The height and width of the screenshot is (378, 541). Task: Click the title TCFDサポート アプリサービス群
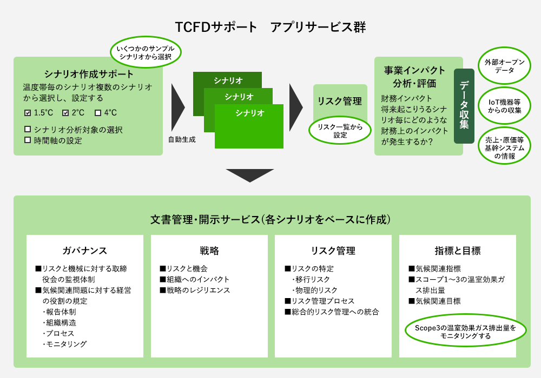(270, 27)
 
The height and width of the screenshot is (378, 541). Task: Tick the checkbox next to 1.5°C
(28, 113)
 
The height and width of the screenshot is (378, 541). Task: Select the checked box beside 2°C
(65, 113)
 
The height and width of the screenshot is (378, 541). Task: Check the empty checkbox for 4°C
(97, 113)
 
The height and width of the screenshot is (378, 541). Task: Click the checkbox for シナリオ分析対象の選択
(28, 129)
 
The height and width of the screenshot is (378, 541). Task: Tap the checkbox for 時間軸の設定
(28, 140)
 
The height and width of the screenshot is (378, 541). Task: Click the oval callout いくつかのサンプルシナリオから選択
(146, 52)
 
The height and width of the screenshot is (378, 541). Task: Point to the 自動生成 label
(182, 139)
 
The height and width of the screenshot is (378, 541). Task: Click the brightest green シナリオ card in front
(249, 126)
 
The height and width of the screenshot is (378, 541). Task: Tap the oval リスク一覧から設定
(340, 131)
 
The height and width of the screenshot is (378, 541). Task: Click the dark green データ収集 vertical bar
(464, 106)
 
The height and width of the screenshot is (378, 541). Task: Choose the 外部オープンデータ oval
(504, 66)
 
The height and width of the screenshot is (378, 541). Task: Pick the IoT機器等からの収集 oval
(504, 106)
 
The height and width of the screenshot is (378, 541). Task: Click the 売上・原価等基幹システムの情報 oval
(504, 146)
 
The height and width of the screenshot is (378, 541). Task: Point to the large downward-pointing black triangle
(250, 174)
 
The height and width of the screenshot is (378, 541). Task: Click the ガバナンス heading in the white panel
(85, 251)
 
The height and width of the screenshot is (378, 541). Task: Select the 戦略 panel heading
(209, 251)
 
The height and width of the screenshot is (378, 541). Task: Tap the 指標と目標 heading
(458, 251)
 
